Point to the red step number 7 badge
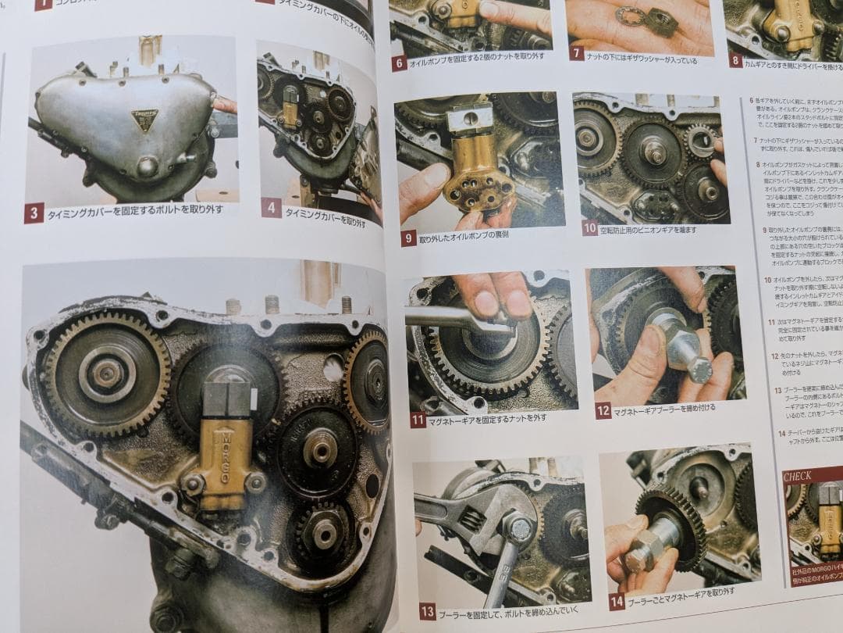[577, 53]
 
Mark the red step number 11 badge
[418, 420]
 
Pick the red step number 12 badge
[603, 410]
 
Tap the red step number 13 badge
[427, 611]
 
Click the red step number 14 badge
[617, 600]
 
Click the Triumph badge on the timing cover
[144, 120]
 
